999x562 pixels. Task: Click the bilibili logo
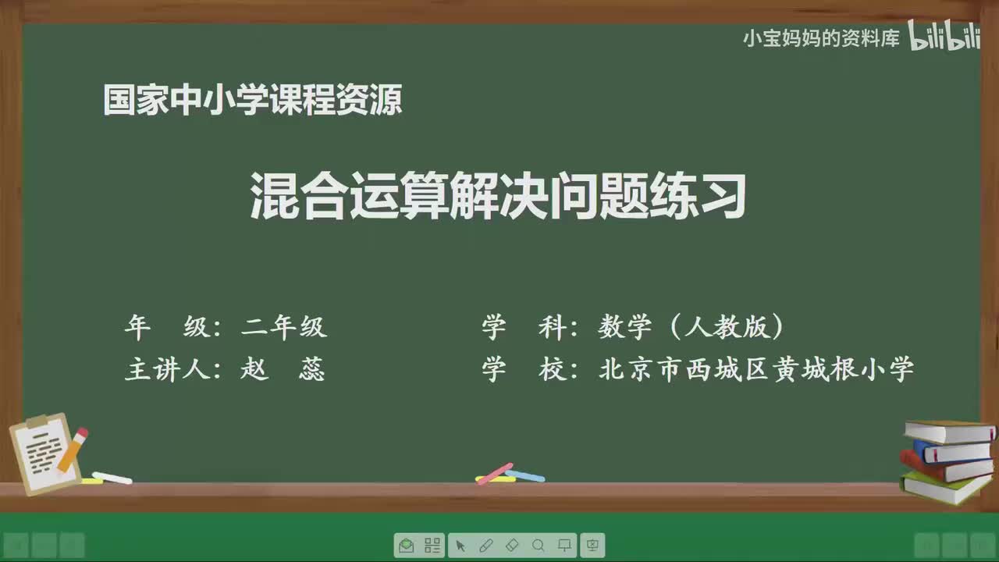[944, 38]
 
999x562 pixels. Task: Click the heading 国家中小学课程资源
[252, 101]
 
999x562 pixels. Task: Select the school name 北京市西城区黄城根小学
[755, 369]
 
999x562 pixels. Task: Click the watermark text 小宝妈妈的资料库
[821, 38]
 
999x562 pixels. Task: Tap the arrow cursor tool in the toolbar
[460, 546]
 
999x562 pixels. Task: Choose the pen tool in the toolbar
[485, 546]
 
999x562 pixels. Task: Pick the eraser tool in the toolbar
[512, 546]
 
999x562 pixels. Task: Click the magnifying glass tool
[538, 546]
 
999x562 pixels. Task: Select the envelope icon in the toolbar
[406, 546]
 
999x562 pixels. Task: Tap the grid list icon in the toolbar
[432, 546]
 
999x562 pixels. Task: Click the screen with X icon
[592, 546]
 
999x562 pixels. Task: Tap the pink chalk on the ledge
[494, 473]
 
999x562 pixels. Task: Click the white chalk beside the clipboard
[112, 478]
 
